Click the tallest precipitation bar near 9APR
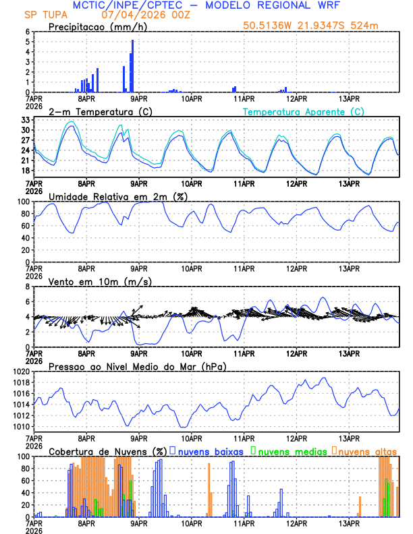(132, 66)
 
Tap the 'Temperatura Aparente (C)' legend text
(303, 111)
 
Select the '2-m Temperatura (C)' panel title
(96, 111)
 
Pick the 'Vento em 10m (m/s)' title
(90, 281)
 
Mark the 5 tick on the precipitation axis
(26, 42)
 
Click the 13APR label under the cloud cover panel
(348, 523)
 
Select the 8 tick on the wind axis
(26, 287)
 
